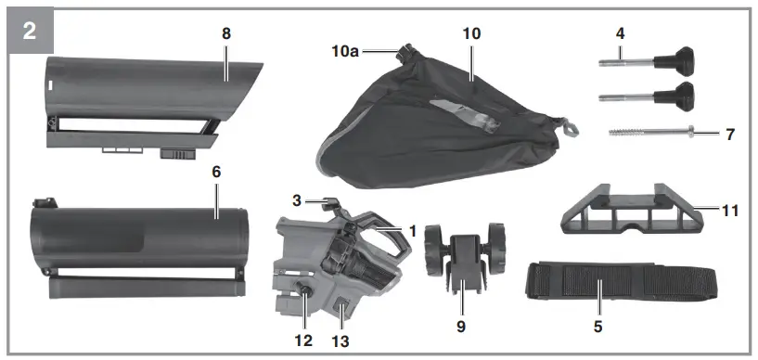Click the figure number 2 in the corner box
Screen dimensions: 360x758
pos(29,30)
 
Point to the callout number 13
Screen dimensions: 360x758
pos(340,341)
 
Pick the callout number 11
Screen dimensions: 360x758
pos(730,211)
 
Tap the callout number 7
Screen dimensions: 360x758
pos(730,135)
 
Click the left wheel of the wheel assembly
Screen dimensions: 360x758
pos(434,251)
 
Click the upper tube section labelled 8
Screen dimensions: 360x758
pos(148,93)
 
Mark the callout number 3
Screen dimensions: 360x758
pos(296,199)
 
